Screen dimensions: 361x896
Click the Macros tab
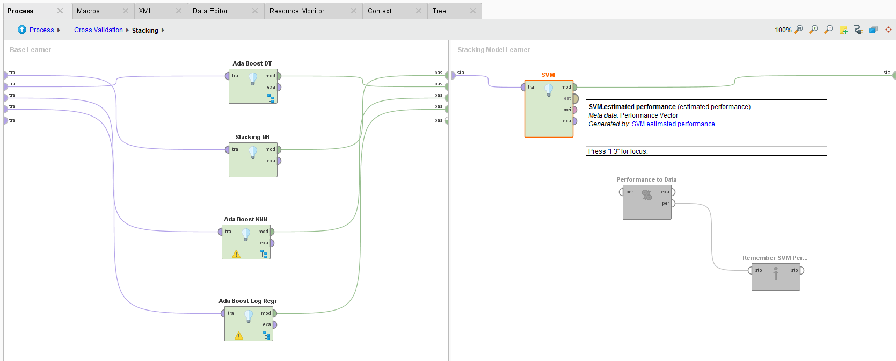click(x=88, y=11)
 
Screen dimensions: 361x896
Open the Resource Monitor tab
click(x=296, y=11)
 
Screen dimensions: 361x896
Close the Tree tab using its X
click(x=472, y=11)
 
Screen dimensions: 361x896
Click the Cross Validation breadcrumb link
click(x=98, y=30)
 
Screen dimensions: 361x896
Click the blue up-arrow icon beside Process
click(x=22, y=30)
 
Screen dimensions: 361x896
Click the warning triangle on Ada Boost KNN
click(x=236, y=254)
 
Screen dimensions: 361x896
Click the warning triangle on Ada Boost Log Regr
click(x=239, y=336)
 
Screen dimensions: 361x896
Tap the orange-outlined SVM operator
click(x=548, y=115)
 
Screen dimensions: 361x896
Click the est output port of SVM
click(x=575, y=98)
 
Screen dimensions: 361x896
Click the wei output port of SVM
click(x=574, y=110)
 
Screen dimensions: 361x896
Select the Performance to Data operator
click(x=646, y=207)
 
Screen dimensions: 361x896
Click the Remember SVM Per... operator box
click(x=775, y=279)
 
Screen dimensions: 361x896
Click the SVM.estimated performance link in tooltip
click(x=673, y=124)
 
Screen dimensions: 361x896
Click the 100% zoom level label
click(x=783, y=30)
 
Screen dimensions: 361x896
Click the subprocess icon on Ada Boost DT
click(x=271, y=98)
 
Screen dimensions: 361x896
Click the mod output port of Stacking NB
click(x=279, y=150)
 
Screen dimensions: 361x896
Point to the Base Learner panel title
click(x=30, y=50)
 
